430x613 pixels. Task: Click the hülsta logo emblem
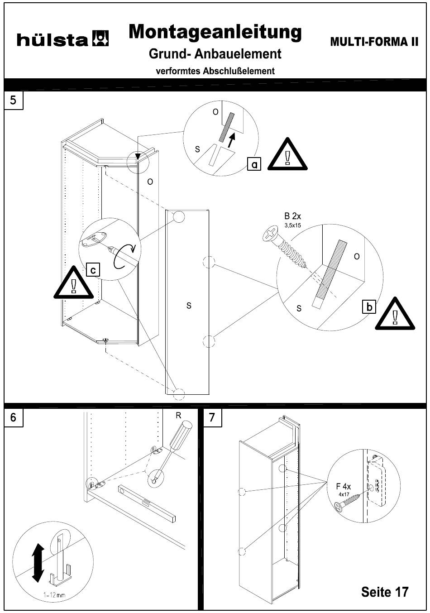click(100, 39)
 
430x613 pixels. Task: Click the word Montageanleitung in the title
click(215, 32)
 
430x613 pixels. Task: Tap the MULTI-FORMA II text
click(374, 42)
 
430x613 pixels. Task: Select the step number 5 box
click(14, 100)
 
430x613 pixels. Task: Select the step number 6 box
click(14, 417)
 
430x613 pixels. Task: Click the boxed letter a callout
click(255, 164)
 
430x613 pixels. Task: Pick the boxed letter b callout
click(370, 307)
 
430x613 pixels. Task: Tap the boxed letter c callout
click(92, 270)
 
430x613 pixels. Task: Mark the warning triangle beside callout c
click(74, 284)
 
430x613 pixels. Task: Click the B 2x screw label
click(292, 217)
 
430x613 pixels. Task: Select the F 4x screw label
click(344, 487)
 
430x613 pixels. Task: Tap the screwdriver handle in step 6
click(181, 435)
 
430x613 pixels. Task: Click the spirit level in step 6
click(147, 502)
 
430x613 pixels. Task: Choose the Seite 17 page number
click(385, 591)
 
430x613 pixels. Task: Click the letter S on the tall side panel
click(189, 306)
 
